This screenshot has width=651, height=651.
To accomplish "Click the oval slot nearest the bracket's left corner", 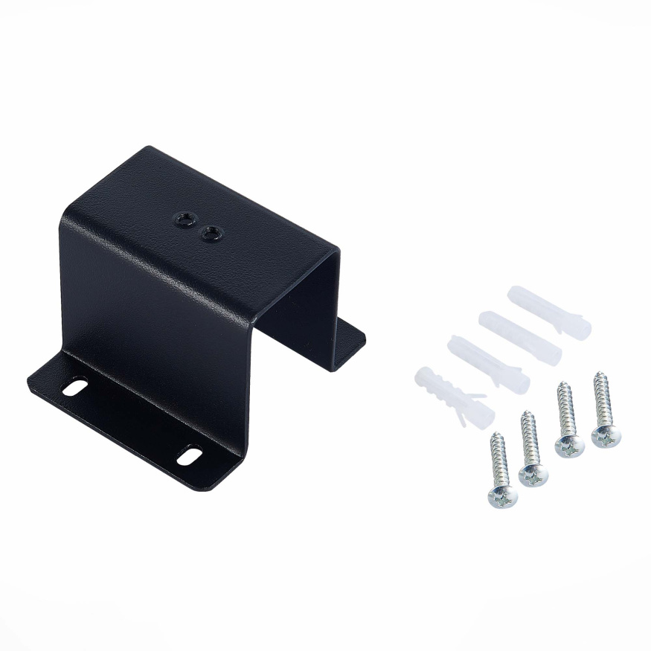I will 74,387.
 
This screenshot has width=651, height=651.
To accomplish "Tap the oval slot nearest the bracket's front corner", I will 189,455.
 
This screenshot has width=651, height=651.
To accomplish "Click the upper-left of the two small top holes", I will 183,219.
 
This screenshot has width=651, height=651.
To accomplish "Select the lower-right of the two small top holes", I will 211,234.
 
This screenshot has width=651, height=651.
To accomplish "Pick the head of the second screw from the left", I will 532,473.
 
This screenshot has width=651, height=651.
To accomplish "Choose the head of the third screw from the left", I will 569,445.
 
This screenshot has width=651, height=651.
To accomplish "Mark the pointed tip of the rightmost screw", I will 597,374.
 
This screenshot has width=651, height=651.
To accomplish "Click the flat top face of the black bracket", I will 216,216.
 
